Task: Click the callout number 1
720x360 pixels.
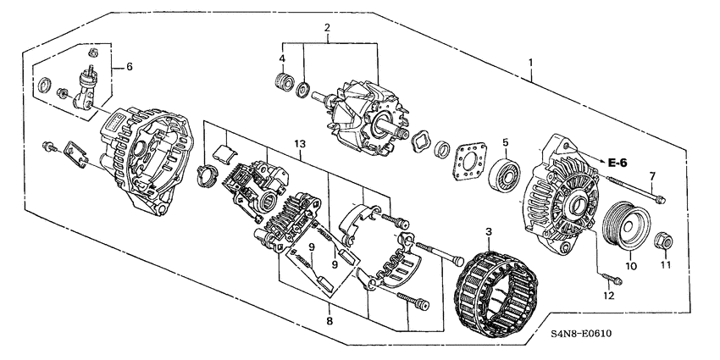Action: click(x=531, y=61)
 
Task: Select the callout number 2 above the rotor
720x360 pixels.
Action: click(x=327, y=29)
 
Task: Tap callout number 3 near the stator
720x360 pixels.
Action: click(x=487, y=231)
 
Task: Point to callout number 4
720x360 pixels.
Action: click(x=282, y=58)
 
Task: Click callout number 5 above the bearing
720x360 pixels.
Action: click(x=505, y=142)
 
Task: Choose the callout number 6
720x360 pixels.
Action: click(x=130, y=66)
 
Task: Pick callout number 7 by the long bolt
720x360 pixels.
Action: click(x=651, y=175)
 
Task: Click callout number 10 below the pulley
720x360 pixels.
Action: click(x=629, y=266)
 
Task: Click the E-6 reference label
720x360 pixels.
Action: click(x=615, y=161)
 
